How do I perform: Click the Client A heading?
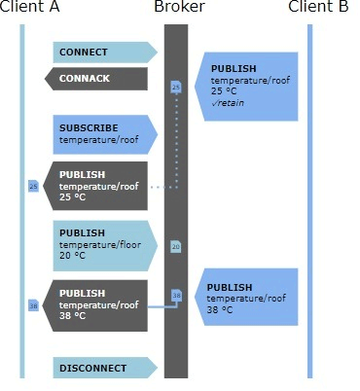[30, 8]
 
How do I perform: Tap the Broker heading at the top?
[179, 8]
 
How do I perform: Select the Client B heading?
[318, 8]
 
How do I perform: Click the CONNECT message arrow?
[102, 52]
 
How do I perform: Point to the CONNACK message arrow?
[97, 78]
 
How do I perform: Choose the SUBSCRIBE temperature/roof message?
[102, 134]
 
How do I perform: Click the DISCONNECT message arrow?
[102, 368]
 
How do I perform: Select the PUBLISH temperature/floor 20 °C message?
[102, 245]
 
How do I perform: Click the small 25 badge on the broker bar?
[176, 88]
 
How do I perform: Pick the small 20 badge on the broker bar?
[176, 247]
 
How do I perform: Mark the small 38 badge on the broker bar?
[176, 295]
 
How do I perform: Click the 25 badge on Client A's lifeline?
[33, 185]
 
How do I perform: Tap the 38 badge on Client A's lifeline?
[33, 305]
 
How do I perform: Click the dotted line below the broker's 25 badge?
[177, 141]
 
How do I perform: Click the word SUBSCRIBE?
[89, 127]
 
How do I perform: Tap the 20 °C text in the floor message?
[73, 256]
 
